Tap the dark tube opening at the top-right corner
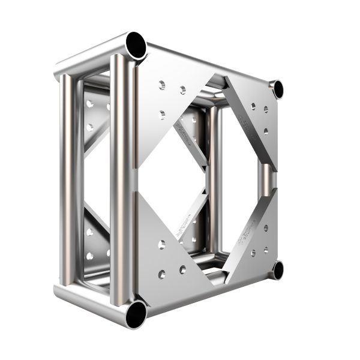click(x=277, y=89)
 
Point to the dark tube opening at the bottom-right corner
click(x=277, y=269)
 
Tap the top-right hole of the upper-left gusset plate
click(x=182, y=91)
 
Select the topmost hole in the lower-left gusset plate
click(x=162, y=244)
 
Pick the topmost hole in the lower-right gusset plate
click(x=265, y=227)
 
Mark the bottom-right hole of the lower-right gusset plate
click(x=265, y=248)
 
